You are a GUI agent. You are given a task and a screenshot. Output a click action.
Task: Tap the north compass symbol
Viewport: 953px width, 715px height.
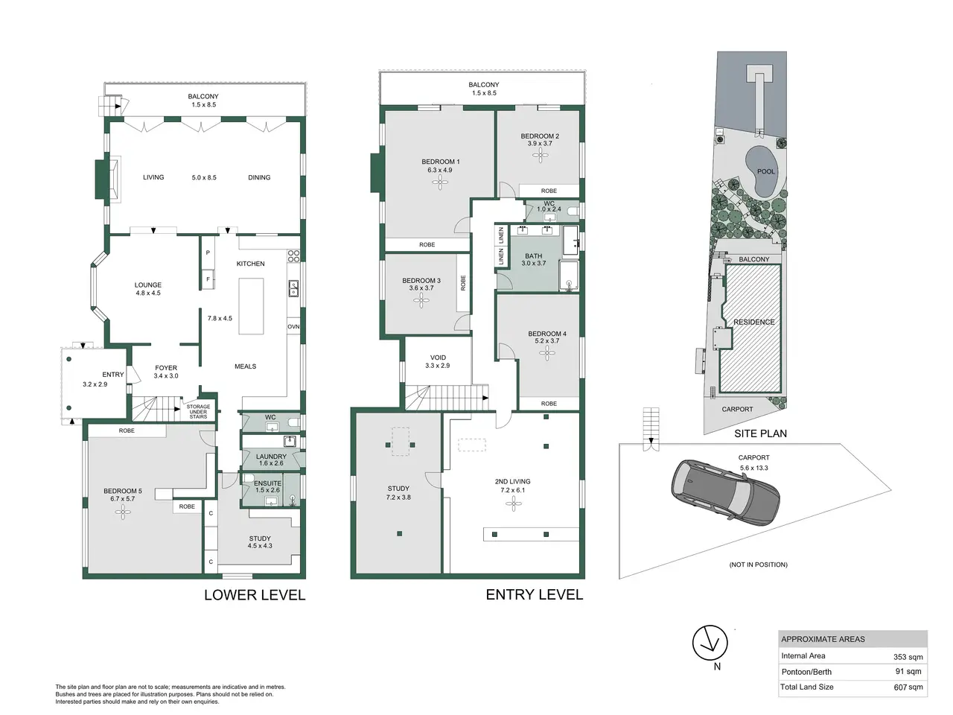coord(710,643)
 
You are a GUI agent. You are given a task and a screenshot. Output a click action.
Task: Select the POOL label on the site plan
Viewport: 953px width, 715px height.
coord(766,171)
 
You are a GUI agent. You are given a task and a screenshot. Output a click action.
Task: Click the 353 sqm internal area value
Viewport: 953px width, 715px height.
coord(908,657)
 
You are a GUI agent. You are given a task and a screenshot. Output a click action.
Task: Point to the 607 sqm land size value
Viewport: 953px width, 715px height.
coord(908,687)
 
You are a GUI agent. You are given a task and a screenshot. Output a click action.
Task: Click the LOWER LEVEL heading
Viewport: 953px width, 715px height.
coord(255,595)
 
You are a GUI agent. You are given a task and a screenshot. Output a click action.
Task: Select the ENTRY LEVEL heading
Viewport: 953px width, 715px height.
coord(535,595)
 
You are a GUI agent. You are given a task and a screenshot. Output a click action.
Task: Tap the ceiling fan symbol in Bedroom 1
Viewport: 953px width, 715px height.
coord(440,182)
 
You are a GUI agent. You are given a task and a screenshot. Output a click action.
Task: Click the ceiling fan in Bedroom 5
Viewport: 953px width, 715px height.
coord(123,512)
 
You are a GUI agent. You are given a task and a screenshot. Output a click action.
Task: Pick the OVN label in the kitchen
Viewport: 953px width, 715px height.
coord(293,326)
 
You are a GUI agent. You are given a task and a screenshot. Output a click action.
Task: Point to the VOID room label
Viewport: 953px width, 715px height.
coord(438,357)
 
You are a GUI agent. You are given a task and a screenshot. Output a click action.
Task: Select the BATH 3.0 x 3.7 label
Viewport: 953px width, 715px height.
coord(534,260)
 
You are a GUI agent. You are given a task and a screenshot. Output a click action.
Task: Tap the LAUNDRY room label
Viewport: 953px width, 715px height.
coord(271,457)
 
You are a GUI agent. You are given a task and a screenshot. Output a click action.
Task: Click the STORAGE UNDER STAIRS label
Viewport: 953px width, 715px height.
coord(198,412)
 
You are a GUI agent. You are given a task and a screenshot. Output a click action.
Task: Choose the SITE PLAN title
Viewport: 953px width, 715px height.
coord(760,433)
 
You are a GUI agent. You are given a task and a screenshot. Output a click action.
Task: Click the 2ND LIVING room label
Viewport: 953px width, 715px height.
coord(513,481)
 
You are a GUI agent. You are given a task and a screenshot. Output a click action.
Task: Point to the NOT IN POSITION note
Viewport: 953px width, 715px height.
coord(758,565)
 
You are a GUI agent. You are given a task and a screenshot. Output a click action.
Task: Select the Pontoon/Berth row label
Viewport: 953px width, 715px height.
coord(806,672)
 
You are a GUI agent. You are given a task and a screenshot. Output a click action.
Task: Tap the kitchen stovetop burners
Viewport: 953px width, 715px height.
coord(294,255)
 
